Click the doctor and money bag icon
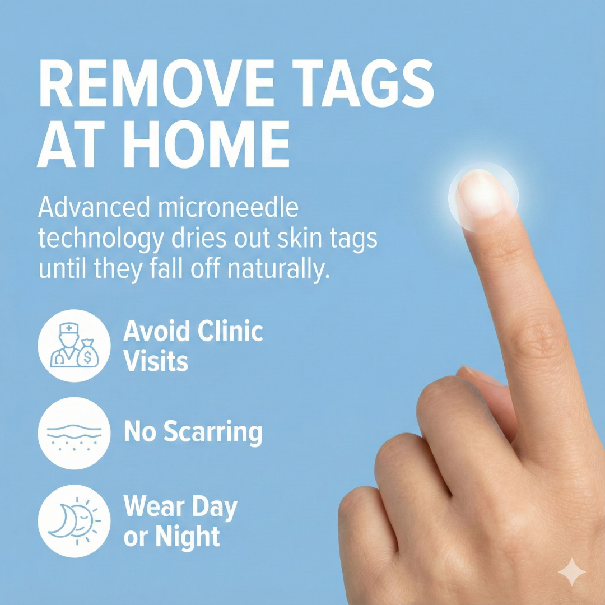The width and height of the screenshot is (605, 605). pos(73,346)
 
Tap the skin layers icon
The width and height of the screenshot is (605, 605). pos(73,433)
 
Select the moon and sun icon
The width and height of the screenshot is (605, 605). pos(73,520)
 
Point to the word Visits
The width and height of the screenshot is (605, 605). pos(155,361)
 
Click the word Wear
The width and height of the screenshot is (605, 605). pos(148,506)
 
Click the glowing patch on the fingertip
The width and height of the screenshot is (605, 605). pos(483,196)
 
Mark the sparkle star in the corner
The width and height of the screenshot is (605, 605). pos(571,572)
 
